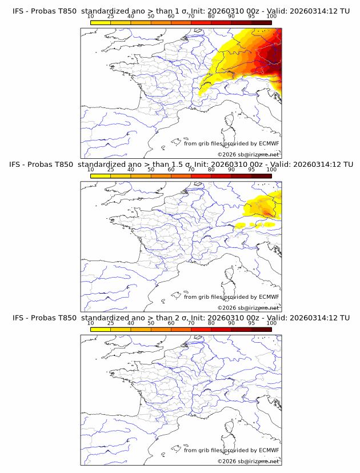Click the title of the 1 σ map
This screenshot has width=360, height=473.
coord(181,11)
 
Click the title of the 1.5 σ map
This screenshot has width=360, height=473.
coord(181,164)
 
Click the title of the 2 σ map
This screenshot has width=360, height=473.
coord(181,318)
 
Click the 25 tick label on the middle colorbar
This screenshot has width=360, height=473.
coord(111,169)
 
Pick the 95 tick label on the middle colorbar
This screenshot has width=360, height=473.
coord(251,169)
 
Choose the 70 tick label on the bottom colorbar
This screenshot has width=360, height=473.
coord(191,323)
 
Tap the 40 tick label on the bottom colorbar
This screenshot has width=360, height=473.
coord(131,323)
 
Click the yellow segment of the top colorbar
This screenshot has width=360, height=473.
coord(101,22)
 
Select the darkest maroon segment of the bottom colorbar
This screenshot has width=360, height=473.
coord(261,329)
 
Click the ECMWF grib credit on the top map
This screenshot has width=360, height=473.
coord(231,143)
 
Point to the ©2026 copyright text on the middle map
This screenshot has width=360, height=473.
coord(248,307)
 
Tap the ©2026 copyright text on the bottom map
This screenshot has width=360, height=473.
coord(248,461)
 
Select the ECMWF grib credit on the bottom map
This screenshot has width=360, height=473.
coord(231,450)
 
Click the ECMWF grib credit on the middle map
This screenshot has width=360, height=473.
coord(231,296)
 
